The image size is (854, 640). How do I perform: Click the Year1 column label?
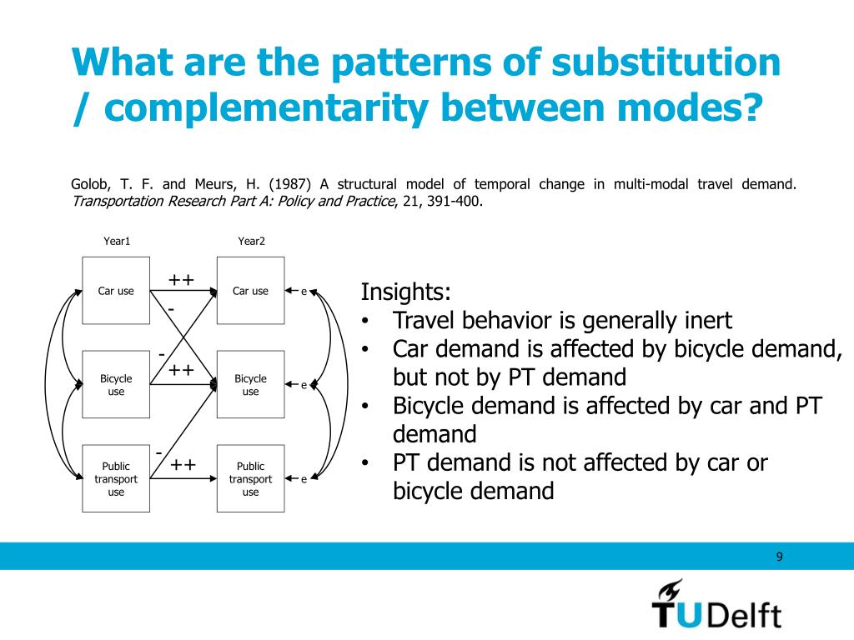(117, 241)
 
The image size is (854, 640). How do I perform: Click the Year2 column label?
(251, 241)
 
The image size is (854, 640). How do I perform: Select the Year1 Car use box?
(116, 291)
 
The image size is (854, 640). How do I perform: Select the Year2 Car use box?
(250, 291)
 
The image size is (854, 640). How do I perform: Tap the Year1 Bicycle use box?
(116, 384)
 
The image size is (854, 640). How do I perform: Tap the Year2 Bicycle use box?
(250, 384)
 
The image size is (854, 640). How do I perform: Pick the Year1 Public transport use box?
(116, 479)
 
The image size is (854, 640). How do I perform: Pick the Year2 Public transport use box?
(250, 479)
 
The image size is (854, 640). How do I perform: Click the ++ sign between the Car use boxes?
(182, 280)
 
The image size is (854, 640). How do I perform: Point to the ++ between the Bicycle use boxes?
(182, 369)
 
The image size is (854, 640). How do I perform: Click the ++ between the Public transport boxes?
(183, 464)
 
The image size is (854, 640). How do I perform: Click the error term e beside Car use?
(304, 292)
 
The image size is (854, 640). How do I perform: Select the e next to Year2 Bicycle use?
(304, 385)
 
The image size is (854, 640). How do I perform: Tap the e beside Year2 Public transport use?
(304, 479)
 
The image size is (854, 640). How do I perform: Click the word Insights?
(405, 292)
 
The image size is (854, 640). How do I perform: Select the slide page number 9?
(779, 557)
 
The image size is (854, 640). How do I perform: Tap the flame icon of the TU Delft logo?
(668, 592)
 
